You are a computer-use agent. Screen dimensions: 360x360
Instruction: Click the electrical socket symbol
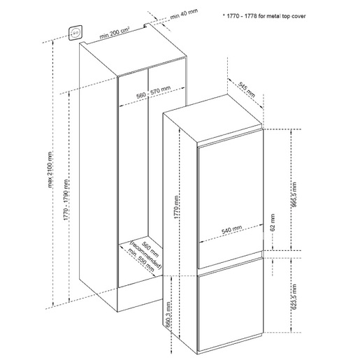(x=75, y=33)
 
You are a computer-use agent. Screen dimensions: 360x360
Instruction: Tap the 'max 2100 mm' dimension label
(x=50, y=170)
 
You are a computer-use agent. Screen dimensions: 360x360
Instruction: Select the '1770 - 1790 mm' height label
(x=66, y=200)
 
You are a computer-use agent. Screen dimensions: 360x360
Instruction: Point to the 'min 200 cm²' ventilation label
(x=115, y=33)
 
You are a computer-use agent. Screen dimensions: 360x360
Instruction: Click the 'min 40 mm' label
(x=184, y=14)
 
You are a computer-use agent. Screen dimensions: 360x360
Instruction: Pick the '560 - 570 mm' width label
(x=153, y=92)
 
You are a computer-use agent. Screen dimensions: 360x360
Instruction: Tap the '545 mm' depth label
(x=247, y=89)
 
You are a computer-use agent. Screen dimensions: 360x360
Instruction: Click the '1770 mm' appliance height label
(x=176, y=207)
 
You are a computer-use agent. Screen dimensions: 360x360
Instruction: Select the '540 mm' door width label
(x=231, y=229)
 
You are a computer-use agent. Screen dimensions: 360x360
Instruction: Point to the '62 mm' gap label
(x=273, y=222)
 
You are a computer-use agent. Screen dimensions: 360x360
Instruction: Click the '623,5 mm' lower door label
(x=294, y=296)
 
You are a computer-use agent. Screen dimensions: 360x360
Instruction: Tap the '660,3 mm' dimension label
(x=168, y=315)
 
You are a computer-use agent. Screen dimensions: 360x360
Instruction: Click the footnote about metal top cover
(x=264, y=16)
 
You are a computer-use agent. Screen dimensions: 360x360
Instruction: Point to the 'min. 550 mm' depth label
(x=141, y=260)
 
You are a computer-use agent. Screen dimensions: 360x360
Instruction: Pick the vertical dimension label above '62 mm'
(x=294, y=195)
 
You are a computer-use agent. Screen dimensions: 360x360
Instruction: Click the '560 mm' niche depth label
(x=150, y=250)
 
